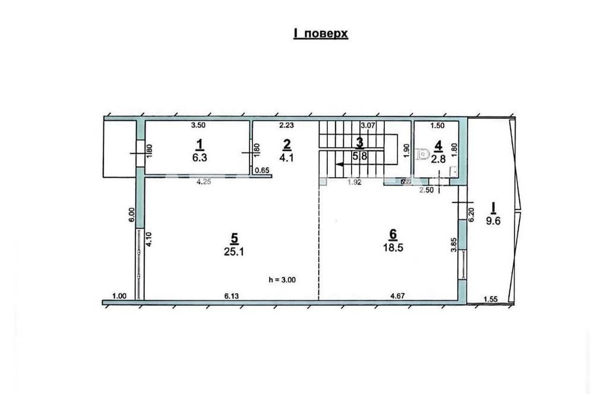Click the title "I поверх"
pyautogui.click(x=321, y=33)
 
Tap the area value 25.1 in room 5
pyautogui.click(x=233, y=251)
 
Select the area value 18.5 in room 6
pyautogui.click(x=393, y=248)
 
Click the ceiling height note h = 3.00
pyautogui.click(x=282, y=280)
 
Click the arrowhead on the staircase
pyautogui.click(x=339, y=165)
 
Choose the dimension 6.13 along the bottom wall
pyautogui.click(x=232, y=296)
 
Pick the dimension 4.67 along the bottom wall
pyautogui.click(x=398, y=296)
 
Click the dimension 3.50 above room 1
pyautogui.click(x=198, y=125)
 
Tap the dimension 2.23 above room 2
pyautogui.click(x=286, y=125)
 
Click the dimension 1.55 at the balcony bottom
pyautogui.click(x=491, y=300)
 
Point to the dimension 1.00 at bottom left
pyautogui.click(x=119, y=297)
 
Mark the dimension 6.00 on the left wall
pyautogui.click(x=132, y=215)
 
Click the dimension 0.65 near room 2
pyautogui.click(x=262, y=171)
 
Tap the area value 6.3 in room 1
pyautogui.click(x=199, y=157)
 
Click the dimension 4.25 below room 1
pyautogui.click(x=204, y=182)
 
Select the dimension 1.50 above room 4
pyautogui.click(x=438, y=125)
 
